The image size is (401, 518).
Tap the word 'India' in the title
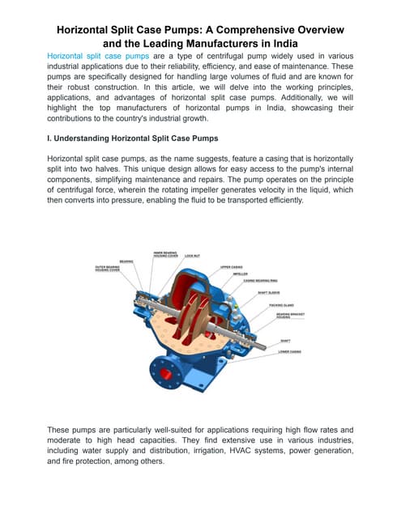pyautogui.click(x=276, y=44)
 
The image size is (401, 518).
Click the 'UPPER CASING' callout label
pyautogui.click(x=231, y=265)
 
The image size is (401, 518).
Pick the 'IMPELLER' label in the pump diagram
pyautogui.click(x=241, y=274)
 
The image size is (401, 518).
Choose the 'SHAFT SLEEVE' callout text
pyautogui.click(x=269, y=293)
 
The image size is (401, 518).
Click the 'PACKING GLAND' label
pyautogui.click(x=283, y=304)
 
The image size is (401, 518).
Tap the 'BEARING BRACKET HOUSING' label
pyautogui.click(x=288, y=315)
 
